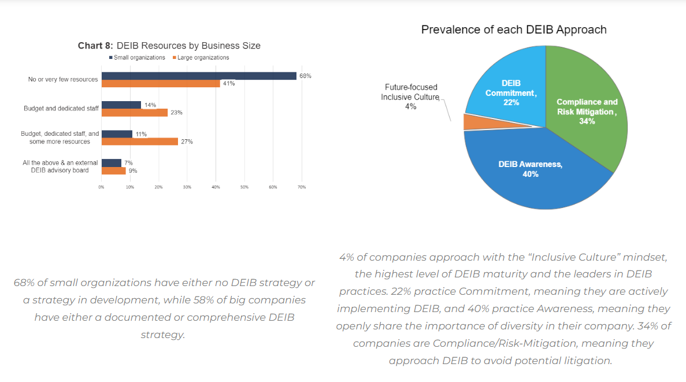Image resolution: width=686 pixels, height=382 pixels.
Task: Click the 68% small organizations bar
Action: [x=199, y=76]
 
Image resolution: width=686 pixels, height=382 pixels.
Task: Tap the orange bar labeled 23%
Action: [x=135, y=113]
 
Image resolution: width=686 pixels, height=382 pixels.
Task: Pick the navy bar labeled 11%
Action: [x=117, y=134]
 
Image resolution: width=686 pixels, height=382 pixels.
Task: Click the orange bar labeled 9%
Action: [x=113, y=170]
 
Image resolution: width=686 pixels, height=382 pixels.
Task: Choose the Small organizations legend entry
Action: [x=137, y=58]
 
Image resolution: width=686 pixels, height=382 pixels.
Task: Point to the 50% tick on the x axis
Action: [x=244, y=187]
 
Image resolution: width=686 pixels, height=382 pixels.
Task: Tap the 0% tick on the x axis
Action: [x=102, y=187]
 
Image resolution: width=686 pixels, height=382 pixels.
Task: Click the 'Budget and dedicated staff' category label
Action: [x=61, y=109]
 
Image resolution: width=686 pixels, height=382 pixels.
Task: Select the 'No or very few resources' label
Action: [x=62, y=79]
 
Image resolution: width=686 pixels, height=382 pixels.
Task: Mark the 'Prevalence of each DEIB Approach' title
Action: [x=514, y=29]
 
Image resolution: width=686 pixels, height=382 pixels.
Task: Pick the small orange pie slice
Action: [x=472, y=122]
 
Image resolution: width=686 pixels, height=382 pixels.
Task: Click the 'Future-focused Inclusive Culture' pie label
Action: [x=410, y=96]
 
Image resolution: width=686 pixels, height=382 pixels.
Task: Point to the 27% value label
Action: [x=187, y=142]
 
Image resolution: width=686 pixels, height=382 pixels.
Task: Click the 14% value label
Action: [x=150, y=105]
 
